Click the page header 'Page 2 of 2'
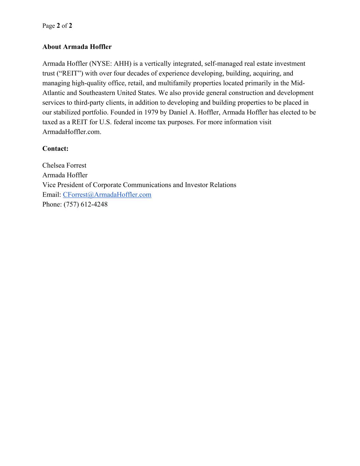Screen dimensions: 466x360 coord(57,26)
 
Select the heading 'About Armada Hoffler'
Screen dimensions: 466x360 coord(77,47)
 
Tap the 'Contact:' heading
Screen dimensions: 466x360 coord(55,149)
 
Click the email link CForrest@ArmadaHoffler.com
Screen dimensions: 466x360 coord(107,195)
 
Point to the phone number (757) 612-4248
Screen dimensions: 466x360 coord(85,204)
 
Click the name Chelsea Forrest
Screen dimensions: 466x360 coord(64,166)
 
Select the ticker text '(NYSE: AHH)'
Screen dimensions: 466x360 coord(110,64)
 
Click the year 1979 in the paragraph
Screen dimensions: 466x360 coord(151,112)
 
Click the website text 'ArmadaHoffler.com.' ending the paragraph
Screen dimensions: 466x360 coord(72,132)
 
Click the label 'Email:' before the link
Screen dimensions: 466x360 coord(52,195)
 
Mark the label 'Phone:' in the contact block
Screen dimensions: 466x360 coord(52,204)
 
